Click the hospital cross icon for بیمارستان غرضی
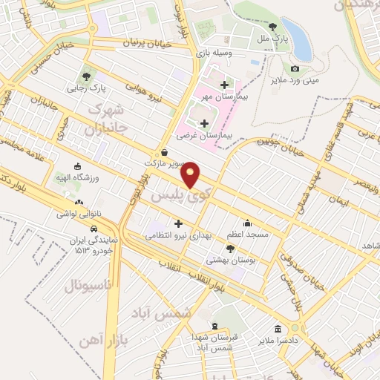pos(204,122)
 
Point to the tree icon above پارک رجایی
pos(88,76)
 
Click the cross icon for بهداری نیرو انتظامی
pos(178,223)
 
